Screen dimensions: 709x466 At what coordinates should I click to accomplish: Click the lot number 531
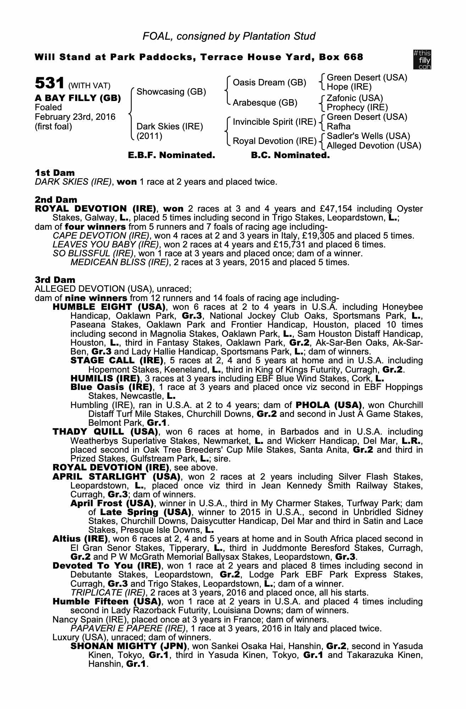pyautogui.click(x=49, y=84)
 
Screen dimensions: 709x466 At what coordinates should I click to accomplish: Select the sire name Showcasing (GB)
pyautogui.click(x=171, y=92)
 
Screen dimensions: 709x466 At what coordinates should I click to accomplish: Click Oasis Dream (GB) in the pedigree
pyautogui.click(x=269, y=83)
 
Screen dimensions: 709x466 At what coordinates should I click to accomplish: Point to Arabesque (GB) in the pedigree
pyautogui.click(x=265, y=103)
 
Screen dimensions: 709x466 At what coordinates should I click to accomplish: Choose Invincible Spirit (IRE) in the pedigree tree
pyautogui.click(x=274, y=122)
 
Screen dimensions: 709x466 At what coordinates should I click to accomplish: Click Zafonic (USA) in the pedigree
pyautogui.click(x=355, y=98)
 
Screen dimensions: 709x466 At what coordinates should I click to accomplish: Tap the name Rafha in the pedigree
pyautogui.click(x=338, y=127)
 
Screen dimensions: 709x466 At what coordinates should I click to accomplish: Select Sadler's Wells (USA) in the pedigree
pyautogui.click(x=368, y=136)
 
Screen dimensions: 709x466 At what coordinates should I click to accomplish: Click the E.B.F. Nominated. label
pyautogui.click(x=171, y=155)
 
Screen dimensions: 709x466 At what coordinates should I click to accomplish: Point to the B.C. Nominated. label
pyautogui.click(x=290, y=155)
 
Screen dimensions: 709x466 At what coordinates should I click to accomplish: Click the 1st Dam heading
pyautogui.click(x=55, y=173)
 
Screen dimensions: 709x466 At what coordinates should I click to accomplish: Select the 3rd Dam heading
pyautogui.click(x=55, y=280)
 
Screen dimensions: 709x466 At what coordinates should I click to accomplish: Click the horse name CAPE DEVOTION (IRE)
pyautogui.click(x=101, y=236)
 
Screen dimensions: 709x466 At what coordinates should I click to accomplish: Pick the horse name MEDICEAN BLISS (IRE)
pyautogui.click(x=119, y=262)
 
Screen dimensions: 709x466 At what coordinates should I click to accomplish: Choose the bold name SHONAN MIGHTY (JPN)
pyautogui.click(x=129, y=646)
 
